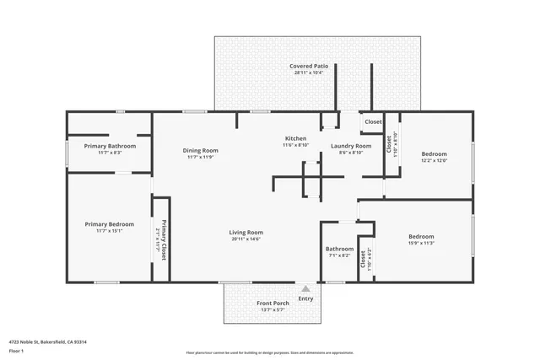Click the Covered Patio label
coord(308,66)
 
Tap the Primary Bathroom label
coord(110,146)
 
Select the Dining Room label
coord(201,150)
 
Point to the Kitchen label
coord(295,138)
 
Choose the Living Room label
coord(246,233)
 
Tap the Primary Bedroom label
coord(110,224)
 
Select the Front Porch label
coord(273,304)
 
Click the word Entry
coord(305,298)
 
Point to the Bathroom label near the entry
coord(339,249)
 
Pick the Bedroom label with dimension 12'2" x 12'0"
coord(434,154)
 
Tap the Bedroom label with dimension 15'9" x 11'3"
coord(421,237)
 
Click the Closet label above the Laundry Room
coord(373,122)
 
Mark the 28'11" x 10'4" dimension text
coord(308,73)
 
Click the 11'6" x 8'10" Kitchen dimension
coord(295,146)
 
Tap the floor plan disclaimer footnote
coord(269,352)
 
